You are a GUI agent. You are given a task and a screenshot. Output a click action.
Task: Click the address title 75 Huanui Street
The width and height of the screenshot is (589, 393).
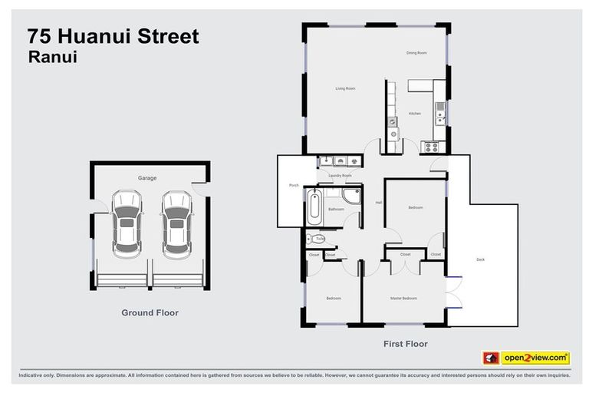click(x=113, y=36)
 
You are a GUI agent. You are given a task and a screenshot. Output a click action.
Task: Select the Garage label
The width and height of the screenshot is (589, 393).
click(x=147, y=178)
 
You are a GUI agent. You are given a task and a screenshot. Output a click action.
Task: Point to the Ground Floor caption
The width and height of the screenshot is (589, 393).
click(x=150, y=312)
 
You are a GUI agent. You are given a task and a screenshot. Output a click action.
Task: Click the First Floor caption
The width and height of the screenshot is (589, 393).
click(x=405, y=344)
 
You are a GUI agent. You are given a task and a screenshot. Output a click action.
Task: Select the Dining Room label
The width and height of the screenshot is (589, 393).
click(x=416, y=53)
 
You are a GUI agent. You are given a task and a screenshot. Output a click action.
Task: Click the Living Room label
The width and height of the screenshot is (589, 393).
click(x=345, y=88)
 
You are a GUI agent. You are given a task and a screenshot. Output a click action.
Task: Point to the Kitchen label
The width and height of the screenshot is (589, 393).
click(x=414, y=114)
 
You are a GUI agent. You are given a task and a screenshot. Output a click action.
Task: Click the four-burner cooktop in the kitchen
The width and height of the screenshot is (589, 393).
click(x=431, y=145)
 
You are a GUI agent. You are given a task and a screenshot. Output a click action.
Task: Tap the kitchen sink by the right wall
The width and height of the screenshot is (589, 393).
click(x=440, y=117)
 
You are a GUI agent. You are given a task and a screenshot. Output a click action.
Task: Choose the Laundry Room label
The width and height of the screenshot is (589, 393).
click(x=340, y=176)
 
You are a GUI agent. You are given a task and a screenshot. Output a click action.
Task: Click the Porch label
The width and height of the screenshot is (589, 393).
click(x=293, y=185)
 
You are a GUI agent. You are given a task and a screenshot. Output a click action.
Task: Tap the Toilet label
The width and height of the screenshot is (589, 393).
click(x=320, y=239)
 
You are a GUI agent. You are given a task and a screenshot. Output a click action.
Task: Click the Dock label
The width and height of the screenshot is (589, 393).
click(x=480, y=259)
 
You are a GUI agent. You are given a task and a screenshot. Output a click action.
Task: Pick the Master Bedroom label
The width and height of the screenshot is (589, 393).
click(x=403, y=298)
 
